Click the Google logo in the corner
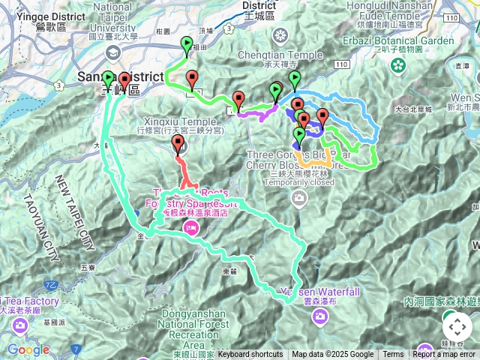(28, 349)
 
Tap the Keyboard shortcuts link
(250, 355)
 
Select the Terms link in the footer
(393, 355)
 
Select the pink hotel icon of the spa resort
(191, 227)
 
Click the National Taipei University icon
(112, 52)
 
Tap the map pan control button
(457, 327)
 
